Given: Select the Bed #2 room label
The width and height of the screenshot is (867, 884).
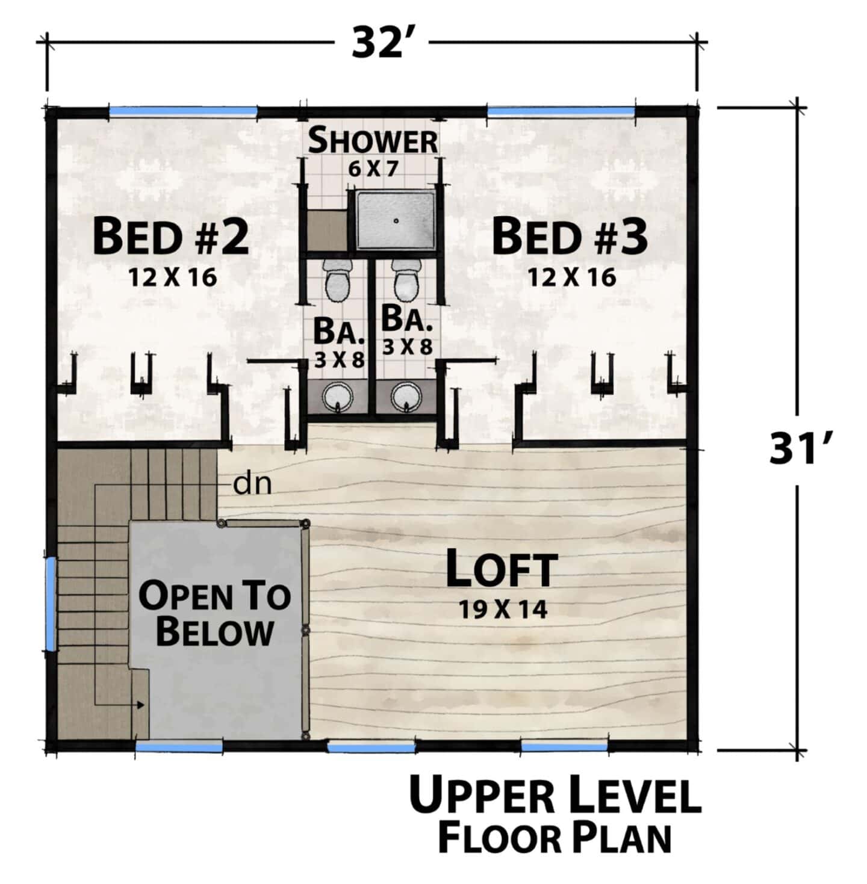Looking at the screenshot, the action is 171,237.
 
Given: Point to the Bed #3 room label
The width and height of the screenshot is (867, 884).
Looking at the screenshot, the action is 570,237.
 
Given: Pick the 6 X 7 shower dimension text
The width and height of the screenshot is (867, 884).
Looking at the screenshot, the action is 373,169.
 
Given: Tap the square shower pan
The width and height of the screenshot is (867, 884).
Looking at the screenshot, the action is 396,221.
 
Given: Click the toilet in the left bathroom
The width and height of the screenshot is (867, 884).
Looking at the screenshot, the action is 338,280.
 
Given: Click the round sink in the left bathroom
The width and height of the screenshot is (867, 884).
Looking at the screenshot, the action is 338,396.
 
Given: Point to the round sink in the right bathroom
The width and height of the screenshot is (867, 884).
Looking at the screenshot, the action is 406,396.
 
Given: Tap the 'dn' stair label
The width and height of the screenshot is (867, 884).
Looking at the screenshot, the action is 252,484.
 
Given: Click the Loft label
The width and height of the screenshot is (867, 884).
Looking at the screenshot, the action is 502,569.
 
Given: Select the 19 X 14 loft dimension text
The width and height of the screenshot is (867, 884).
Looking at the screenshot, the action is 503,610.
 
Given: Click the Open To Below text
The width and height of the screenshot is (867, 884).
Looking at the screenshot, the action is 214,614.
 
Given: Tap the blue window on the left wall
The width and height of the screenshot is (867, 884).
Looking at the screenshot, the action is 51,604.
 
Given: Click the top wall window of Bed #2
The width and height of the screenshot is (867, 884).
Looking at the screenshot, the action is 183,111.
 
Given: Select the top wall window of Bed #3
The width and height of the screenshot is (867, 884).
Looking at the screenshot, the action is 561,111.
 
